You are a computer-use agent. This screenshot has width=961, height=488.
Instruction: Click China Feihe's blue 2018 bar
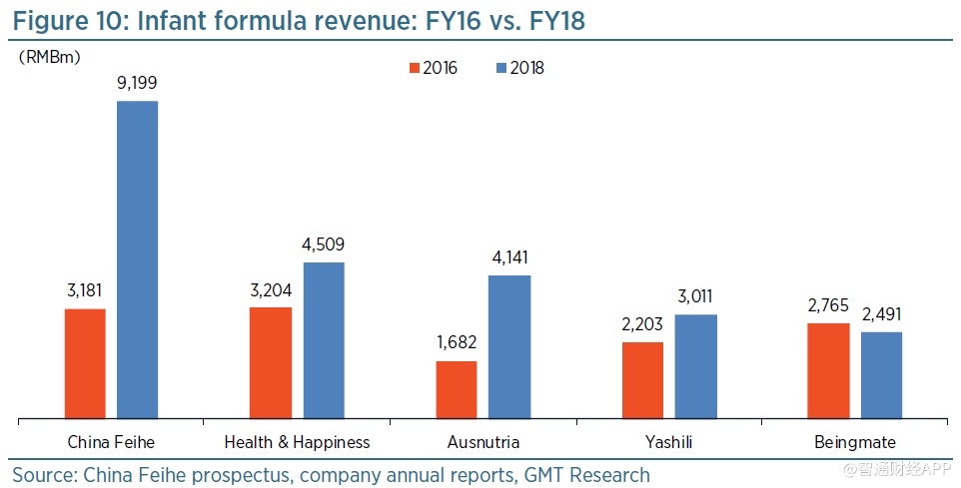[138, 259]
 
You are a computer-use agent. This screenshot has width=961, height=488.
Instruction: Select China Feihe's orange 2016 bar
[85, 363]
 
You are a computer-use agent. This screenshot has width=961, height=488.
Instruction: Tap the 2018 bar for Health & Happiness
[324, 340]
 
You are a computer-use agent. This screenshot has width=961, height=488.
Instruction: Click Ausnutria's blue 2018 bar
[509, 346]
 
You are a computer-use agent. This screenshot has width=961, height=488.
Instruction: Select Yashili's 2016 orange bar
[642, 380]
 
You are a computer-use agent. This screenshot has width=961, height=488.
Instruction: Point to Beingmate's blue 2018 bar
[881, 375]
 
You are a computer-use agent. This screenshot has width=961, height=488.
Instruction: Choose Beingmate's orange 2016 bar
[828, 370]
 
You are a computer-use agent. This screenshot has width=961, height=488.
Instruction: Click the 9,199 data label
[137, 83]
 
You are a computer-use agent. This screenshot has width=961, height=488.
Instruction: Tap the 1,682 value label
[457, 343]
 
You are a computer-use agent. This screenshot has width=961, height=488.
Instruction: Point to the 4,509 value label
[324, 244]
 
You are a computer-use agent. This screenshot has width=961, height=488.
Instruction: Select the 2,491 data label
[881, 314]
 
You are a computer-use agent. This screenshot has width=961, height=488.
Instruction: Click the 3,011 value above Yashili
[695, 296]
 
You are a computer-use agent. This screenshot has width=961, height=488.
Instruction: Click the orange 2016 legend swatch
[414, 68]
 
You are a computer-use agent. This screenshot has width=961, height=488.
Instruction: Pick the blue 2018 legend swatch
[501, 68]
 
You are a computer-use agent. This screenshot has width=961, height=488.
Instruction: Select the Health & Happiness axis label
[297, 442]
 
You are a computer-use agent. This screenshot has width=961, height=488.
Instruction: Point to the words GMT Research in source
[588, 475]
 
